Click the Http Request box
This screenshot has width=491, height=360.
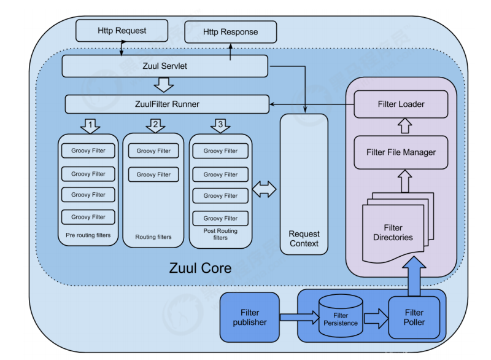[x=122, y=30]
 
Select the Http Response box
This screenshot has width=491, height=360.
[x=230, y=32]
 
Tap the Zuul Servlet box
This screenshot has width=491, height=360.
[x=164, y=66]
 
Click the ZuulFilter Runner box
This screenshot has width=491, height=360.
[x=167, y=104]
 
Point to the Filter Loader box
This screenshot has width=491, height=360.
[x=401, y=104]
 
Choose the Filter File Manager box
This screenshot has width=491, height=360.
[x=401, y=152]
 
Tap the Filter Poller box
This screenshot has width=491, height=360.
[x=414, y=317]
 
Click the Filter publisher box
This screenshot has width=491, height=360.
[x=250, y=317]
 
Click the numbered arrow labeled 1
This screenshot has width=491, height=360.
[x=90, y=126]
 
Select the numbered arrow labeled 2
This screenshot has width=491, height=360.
[x=155, y=126]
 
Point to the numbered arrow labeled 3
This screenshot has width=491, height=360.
[x=220, y=126]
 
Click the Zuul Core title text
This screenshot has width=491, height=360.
[x=200, y=268]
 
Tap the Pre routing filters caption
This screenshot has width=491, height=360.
[x=88, y=235]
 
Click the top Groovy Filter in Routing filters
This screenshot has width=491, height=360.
[x=153, y=151]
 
